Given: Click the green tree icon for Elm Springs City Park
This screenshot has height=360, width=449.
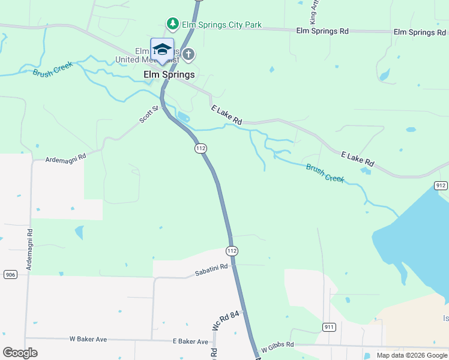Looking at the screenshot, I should tap(173, 23).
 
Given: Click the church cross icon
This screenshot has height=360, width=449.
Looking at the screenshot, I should tap(188, 55).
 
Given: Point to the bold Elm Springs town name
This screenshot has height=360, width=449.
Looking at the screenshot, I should tap(169, 74).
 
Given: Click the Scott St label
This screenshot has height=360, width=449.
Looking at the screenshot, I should tap(149, 114).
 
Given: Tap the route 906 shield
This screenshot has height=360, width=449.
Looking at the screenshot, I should tap(10, 274).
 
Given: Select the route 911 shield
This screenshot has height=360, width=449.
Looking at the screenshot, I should tap(328, 327).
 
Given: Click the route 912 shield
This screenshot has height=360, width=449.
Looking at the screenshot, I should tap(441, 185).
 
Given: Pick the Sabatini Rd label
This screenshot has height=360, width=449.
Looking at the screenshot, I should tap(211, 270).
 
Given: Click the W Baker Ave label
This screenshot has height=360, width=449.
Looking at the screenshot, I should tap(88, 339).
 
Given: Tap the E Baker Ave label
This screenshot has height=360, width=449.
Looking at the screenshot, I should tap(190, 341).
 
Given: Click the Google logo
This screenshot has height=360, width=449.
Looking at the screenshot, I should tap(20, 352).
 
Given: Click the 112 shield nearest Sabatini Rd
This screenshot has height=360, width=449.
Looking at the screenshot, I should tap(232, 250).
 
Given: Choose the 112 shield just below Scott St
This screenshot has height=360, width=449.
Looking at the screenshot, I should tap(200, 148).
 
